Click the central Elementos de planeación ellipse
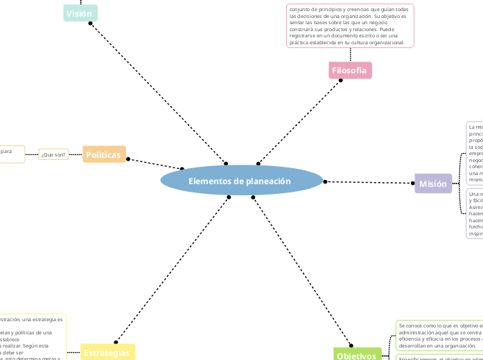coord(242,181)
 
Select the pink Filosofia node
coord(350,71)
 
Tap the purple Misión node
coord(433,183)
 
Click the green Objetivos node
coord(357,356)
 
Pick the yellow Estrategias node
coord(107,352)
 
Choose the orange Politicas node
coord(104,154)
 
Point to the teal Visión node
coord(80,13)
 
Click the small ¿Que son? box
coord(53,154)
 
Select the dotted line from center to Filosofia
coord(299,122)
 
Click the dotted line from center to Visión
coord(158,93)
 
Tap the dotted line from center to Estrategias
coord(172,269)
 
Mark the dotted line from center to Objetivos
coord(301,271)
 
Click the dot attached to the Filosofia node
coord(341,80)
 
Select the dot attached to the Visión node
coord(91,23)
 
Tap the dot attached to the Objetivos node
coord(351,345)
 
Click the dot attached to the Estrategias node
coord(116,342)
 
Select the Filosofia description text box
coord(350,26)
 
